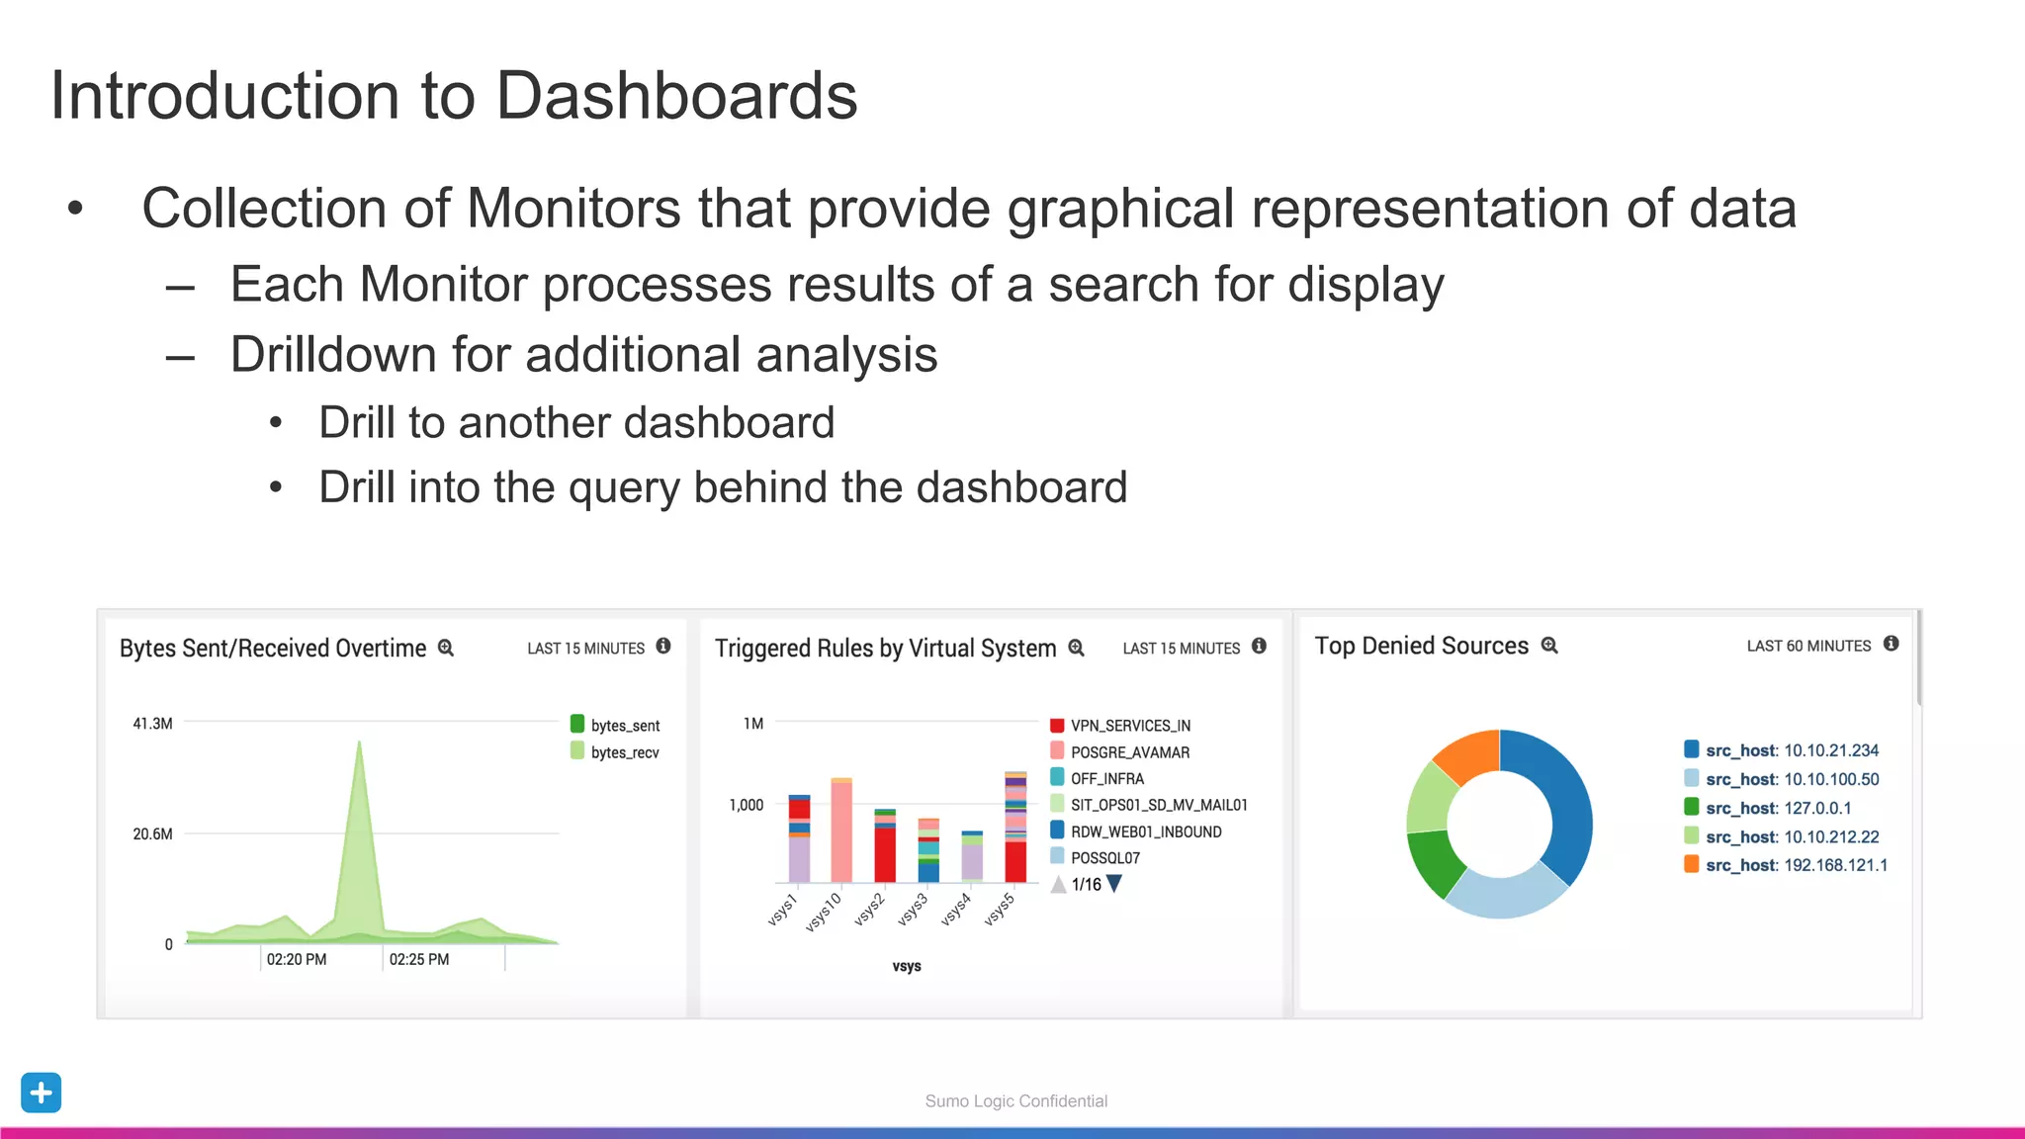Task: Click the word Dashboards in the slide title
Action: click(x=675, y=96)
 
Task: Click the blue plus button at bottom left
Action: click(x=41, y=1093)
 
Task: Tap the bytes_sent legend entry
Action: click(x=615, y=725)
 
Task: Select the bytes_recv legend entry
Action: click(x=615, y=752)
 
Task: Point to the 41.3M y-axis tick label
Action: click(x=152, y=724)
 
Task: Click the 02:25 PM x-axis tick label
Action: click(x=418, y=959)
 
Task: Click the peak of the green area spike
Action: click(x=359, y=744)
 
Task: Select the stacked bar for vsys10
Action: click(x=841, y=831)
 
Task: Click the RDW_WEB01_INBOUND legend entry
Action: click(x=1136, y=832)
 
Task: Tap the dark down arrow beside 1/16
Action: click(x=1114, y=883)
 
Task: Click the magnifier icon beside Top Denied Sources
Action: click(x=1549, y=646)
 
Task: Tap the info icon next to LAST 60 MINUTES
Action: click(x=1891, y=644)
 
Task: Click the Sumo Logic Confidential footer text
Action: click(x=1015, y=1100)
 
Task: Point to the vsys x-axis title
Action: click(x=906, y=966)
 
